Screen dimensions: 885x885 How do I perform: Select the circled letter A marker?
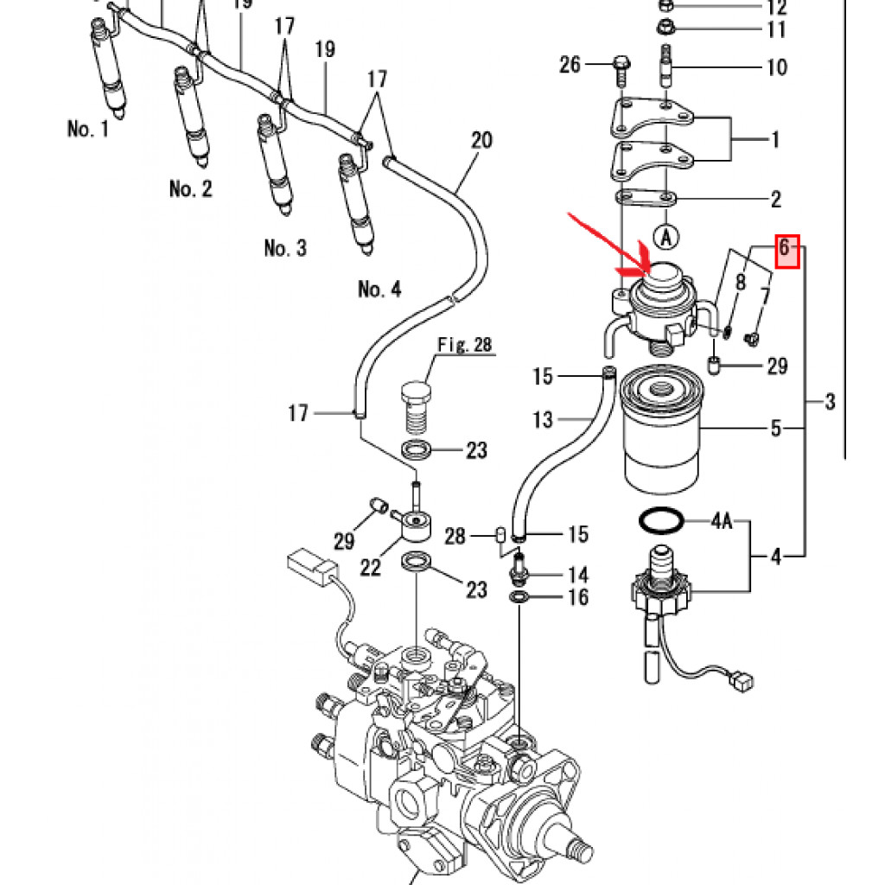pyautogui.click(x=665, y=234)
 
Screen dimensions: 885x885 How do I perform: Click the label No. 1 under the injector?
pyautogui.click(x=88, y=130)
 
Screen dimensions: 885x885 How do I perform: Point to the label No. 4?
pyautogui.click(x=379, y=289)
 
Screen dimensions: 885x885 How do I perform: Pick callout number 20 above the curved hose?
pyautogui.click(x=481, y=140)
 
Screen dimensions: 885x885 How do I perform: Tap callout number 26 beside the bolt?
pyautogui.click(x=570, y=64)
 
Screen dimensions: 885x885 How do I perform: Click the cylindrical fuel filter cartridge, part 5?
pyautogui.click(x=663, y=436)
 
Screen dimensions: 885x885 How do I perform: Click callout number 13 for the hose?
pyautogui.click(x=542, y=420)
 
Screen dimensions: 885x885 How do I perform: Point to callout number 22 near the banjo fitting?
pyautogui.click(x=370, y=567)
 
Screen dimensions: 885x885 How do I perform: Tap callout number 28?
pyautogui.click(x=455, y=537)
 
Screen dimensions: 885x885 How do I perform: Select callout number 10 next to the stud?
pyautogui.click(x=776, y=67)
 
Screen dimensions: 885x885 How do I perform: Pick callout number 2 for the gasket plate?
pyautogui.click(x=775, y=200)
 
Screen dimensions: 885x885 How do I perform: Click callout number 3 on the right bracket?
pyautogui.click(x=830, y=401)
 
